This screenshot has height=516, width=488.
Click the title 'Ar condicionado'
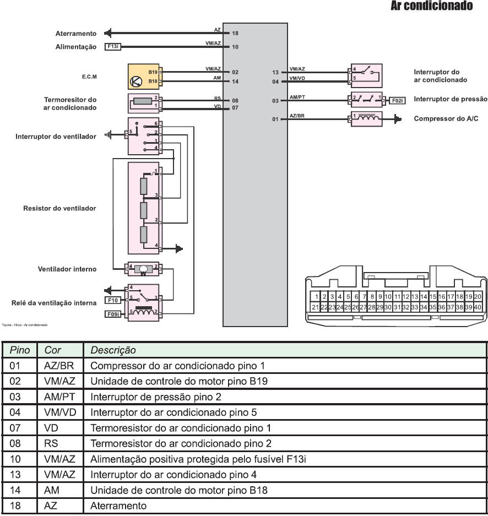tap(431, 7)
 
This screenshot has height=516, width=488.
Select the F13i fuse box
tap(113, 47)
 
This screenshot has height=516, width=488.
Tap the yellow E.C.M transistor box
tap(143, 77)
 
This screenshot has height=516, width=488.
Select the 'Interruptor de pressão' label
tap(451, 99)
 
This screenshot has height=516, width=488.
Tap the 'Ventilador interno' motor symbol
tap(143, 269)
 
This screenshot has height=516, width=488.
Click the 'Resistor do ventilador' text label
tap(59, 208)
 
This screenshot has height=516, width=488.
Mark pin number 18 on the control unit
tap(235, 34)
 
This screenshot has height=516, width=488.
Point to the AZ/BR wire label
tap(297, 115)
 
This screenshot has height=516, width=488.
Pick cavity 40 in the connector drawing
tap(478, 307)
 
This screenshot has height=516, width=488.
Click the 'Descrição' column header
tap(113, 350)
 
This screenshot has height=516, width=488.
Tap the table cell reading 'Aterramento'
tap(118, 506)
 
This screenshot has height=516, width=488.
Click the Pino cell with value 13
tap(17, 474)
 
